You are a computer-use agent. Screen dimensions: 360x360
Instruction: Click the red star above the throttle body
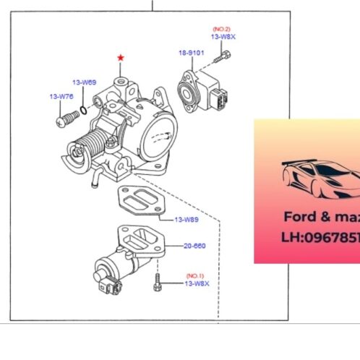[121, 56]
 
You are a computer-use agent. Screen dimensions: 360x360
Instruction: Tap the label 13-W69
[84, 82]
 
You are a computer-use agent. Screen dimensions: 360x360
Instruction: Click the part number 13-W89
[186, 219]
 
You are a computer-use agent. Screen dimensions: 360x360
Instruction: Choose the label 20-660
[193, 246]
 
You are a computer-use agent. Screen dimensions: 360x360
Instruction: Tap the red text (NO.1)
[196, 276]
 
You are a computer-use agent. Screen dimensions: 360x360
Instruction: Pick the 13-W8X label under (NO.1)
[197, 284]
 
